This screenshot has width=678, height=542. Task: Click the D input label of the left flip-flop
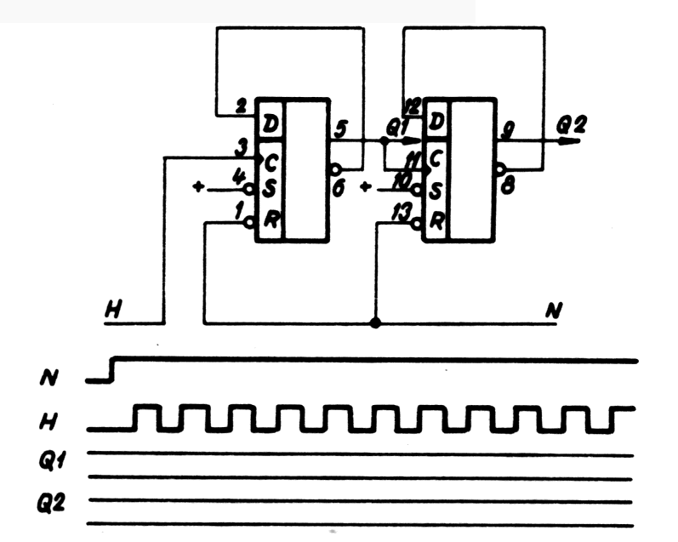click(271, 124)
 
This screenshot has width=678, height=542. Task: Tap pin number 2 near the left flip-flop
click(241, 107)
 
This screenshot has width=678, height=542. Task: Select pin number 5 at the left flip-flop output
click(341, 128)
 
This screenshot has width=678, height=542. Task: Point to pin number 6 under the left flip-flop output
click(339, 188)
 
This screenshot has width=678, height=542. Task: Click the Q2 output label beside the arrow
click(568, 124)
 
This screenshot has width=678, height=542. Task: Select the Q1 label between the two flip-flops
click(396, 126)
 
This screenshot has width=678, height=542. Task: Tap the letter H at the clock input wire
click(111, 310)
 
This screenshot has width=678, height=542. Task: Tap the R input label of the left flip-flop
click(271, 219)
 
